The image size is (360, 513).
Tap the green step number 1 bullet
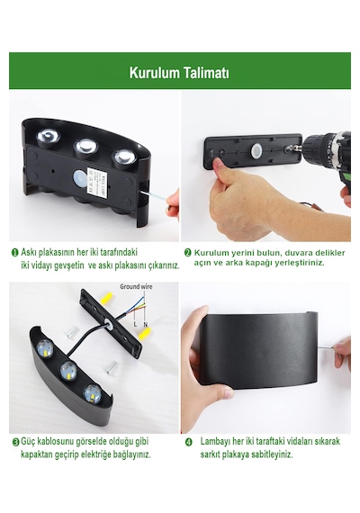point(15,252)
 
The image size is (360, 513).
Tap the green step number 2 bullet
point(187,253)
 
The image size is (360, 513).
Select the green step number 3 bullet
point(15,442)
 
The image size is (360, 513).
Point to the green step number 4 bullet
point(188,442)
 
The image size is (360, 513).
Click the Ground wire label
point(136,286)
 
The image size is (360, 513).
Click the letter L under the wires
point(135,324)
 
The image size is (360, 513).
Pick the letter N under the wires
point(145,324)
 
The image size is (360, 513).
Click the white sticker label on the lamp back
point(97,181)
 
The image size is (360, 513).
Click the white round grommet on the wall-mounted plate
point(256,149)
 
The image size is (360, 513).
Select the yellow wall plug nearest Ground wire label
point(107,298)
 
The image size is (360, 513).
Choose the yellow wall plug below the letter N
point(144,334)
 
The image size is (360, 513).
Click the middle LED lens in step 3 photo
point(68,371)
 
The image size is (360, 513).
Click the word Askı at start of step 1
point(29,252)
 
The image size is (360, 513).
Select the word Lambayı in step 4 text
point(215,441)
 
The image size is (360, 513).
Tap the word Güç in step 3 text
point(28,441)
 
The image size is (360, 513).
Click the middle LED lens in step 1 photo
point(86,148)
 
